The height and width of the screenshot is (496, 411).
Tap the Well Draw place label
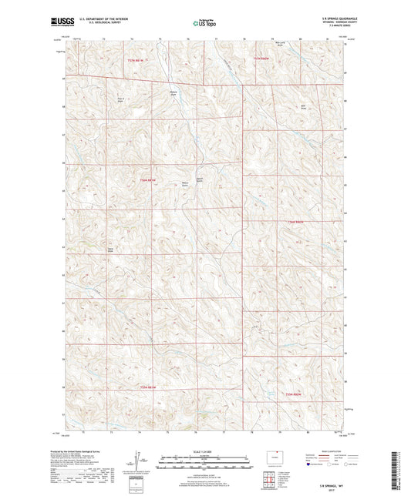tap(305, 106)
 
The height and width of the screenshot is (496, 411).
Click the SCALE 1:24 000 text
tap(205, 451)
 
